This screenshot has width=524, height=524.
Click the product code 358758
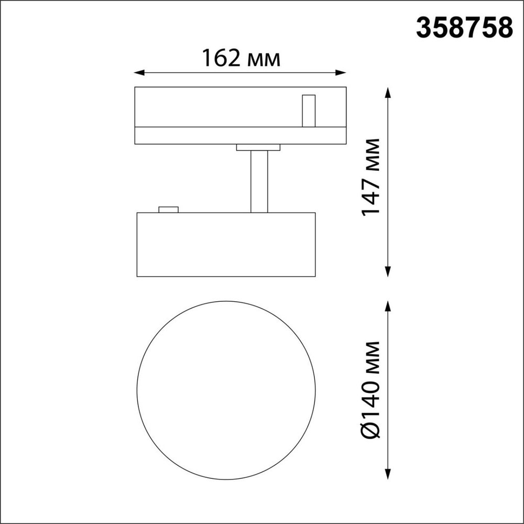tap(464, 28)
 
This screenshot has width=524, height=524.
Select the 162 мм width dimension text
tap(241, 58)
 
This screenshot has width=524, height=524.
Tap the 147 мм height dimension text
tap(371, 177)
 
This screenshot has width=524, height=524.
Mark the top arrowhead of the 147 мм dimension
tap(388, 92)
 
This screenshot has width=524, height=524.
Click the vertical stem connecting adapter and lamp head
tap(259, 181)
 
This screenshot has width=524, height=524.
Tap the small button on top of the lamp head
tap(168, 210)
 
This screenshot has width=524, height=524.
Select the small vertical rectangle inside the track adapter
tap(309, 111)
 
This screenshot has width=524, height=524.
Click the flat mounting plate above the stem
tap(259, 148)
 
